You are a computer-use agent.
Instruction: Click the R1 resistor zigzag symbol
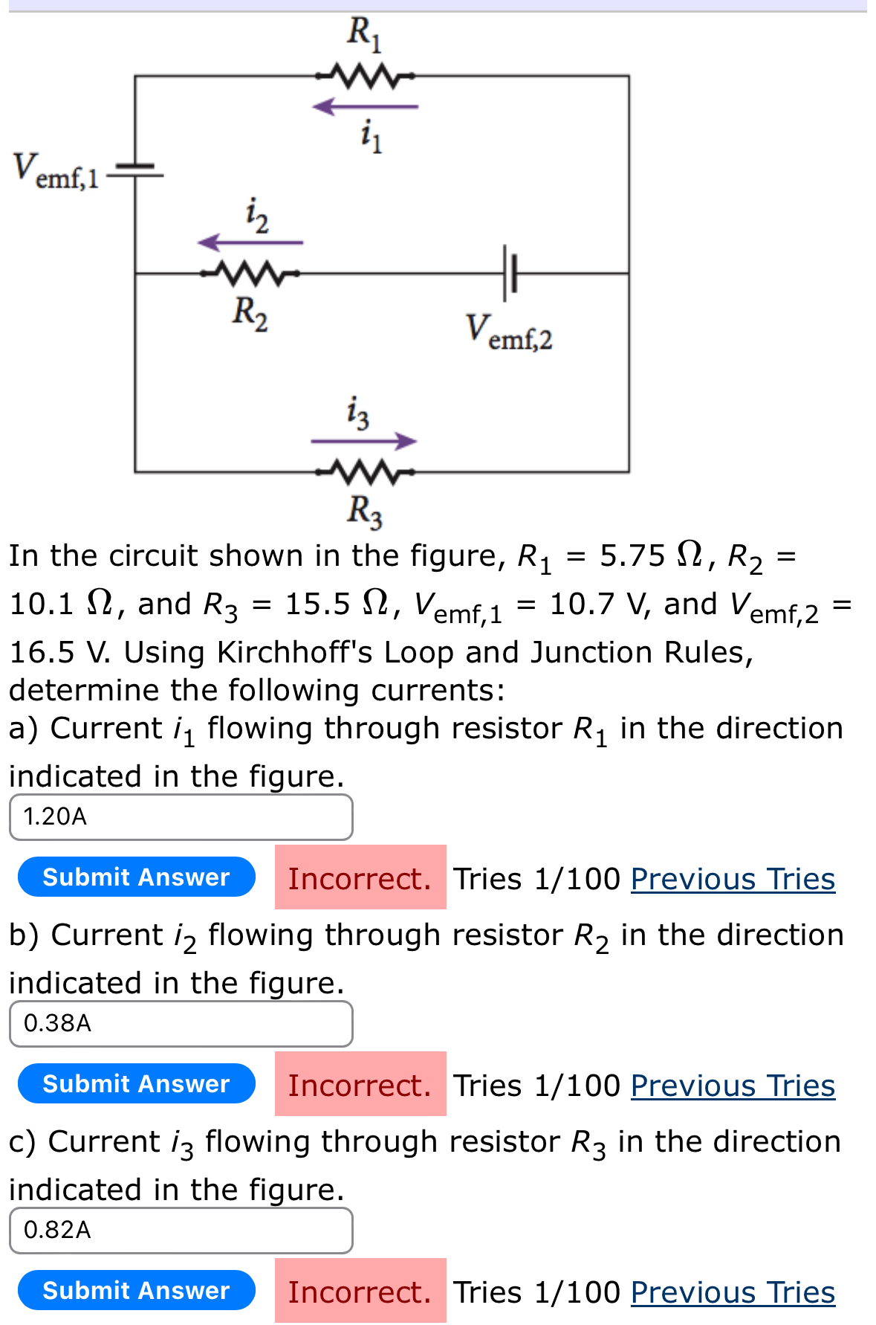click(365, 75)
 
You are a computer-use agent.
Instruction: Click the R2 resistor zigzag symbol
click(250, 274)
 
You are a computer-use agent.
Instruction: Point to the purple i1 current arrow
click(365, 107)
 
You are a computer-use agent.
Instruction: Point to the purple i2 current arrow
click(250, 242)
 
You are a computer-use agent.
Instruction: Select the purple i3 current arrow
click(364, 441)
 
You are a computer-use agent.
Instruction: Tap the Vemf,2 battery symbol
click(509, 274)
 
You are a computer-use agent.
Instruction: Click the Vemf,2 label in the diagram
click(509, 332)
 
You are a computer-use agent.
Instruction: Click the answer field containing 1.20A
click(181, 817)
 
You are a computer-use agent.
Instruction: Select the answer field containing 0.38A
click(181, 1024)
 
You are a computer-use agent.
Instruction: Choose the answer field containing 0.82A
click(181, 1231)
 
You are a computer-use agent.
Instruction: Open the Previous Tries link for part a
click(733, 879)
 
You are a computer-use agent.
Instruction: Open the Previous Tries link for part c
click(733, 1292)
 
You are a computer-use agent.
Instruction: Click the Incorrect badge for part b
click(360, 1086)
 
